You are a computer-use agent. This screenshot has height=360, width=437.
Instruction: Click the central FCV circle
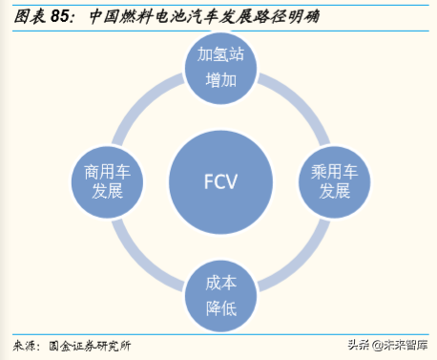pos(219,180)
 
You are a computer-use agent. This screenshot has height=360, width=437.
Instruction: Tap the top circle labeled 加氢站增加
pos(219,69)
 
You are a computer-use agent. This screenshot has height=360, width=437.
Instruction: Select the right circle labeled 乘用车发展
pos(335,180)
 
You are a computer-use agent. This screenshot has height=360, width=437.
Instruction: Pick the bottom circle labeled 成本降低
pos(219,297)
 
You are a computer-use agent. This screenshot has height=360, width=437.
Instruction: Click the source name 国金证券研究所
pos(91,345)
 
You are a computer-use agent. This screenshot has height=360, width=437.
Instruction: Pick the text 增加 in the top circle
pos(219,80)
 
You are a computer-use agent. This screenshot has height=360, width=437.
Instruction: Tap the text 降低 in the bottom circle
pos(219,309)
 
